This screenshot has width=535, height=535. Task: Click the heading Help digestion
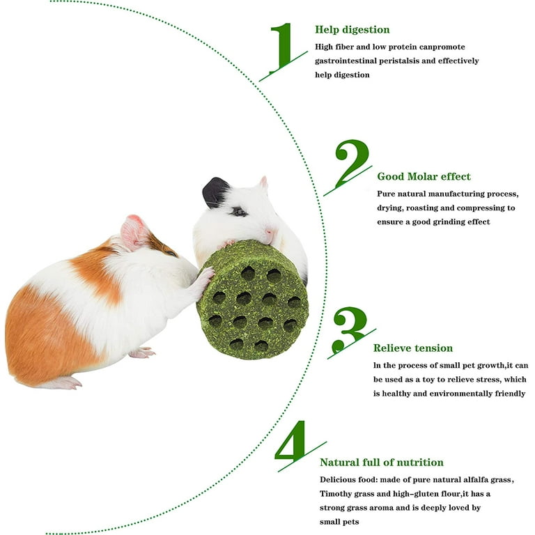pyautogui.click(x=352, y=29)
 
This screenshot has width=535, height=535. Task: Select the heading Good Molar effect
pyautogui.click(x=424, y=176)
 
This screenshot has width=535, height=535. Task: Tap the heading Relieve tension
pyautogui.click(x=412, y=348)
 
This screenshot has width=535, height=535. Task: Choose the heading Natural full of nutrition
pyautogui.click(x=381, y=462)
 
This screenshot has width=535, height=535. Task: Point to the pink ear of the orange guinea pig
pyautogui.click(x=133, y=233)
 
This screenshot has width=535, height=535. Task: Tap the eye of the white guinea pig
pyautogui.click(x=240, y=212)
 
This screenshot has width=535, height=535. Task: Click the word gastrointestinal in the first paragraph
pyautogui.click(x=350, y=61)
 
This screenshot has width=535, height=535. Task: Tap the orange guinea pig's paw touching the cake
pyautogui.click(x=204, y=276)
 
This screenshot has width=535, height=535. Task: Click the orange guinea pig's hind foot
pyautogui.click(x=141, y=353)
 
